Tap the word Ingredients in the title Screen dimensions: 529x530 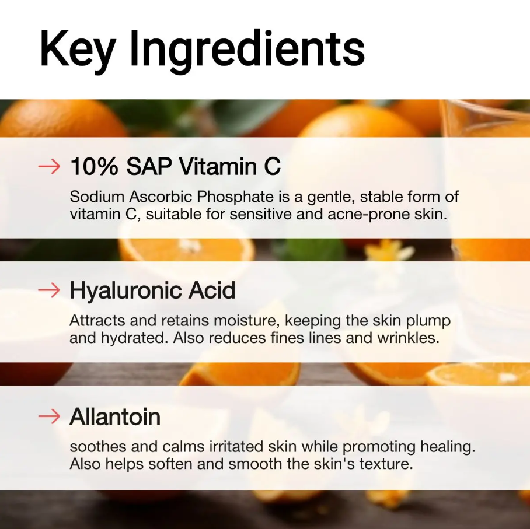(x=247, y=49)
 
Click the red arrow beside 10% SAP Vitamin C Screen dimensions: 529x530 (x=49, y=167)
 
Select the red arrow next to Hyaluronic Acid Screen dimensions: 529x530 (x=49, y=290)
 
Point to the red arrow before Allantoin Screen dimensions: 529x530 (x=49, y=416)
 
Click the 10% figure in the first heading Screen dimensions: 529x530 (x=93, y=167)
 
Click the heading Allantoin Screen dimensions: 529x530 (x=115, y=416)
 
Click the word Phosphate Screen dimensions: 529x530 (x=221, y=197)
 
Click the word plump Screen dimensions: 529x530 (x=430, y=321)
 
